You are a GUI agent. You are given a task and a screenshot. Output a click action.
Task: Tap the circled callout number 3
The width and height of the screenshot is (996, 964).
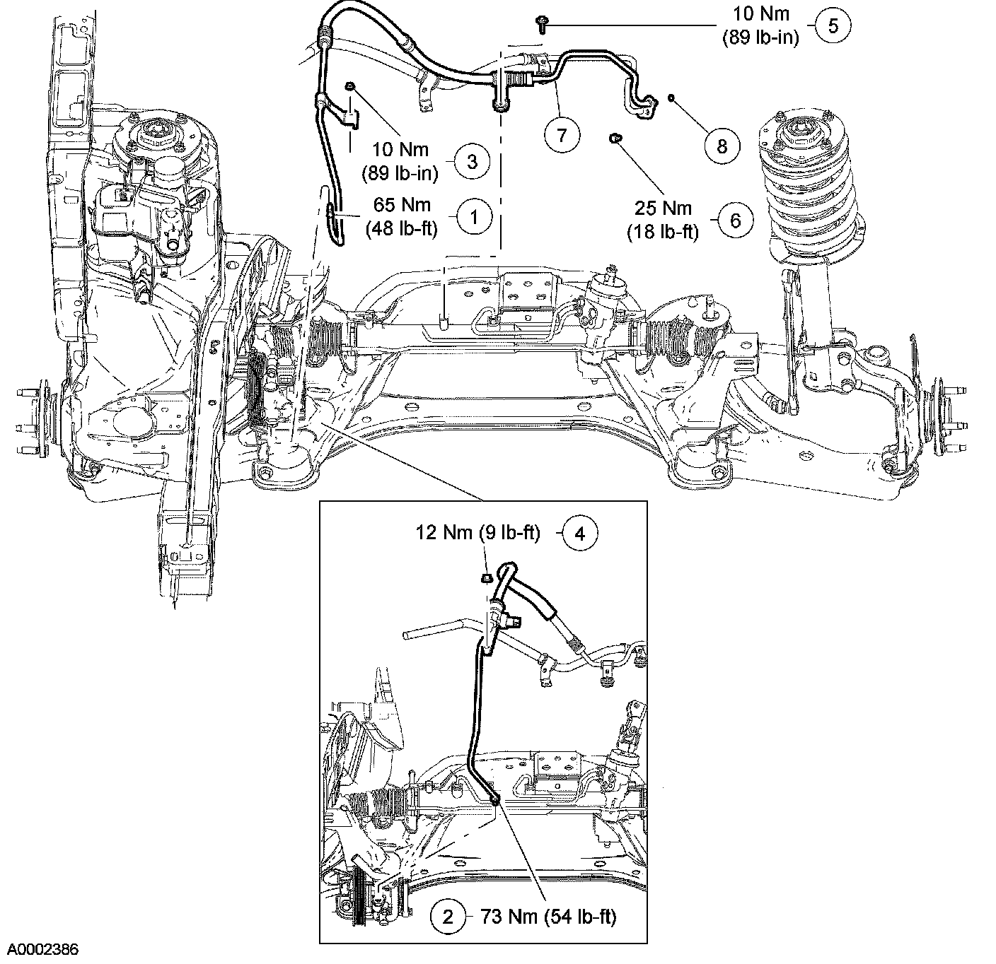(x=472, y=161)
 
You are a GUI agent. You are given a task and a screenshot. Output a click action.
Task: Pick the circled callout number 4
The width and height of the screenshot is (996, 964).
(x=580, y=534)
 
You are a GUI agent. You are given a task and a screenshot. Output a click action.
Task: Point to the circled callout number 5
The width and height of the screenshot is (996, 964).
(x=833, y=25)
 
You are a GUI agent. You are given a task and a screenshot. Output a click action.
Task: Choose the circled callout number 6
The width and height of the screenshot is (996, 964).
(x=736, y=221)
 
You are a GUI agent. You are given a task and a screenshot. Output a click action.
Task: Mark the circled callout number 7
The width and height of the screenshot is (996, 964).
(x=562, y=135)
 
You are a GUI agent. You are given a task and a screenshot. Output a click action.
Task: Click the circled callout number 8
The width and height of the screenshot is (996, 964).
(x=722, y=146)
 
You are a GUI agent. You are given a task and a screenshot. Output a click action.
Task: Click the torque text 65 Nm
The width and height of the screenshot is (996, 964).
(x=402, y=204)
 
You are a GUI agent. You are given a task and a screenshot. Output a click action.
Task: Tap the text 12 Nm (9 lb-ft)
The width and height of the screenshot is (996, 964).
(x=477, y=532)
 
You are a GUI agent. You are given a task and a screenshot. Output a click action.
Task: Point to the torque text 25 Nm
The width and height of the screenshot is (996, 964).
(x=663, y=208)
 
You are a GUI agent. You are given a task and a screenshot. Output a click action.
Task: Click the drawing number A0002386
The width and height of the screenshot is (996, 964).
(x=40, y=950)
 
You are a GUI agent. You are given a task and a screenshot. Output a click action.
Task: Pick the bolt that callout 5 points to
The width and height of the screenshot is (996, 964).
(x=542, y=24)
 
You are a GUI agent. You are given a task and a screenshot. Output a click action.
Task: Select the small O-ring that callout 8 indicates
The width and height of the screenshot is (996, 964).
(x=671, y=97)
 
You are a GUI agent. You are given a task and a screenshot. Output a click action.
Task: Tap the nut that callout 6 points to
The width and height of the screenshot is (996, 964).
(x=614, y=138)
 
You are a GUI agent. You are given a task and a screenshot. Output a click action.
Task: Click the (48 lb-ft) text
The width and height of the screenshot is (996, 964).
(x=402, y=228)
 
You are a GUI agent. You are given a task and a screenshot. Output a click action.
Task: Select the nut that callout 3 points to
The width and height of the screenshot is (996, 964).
(x=351, y=86)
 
